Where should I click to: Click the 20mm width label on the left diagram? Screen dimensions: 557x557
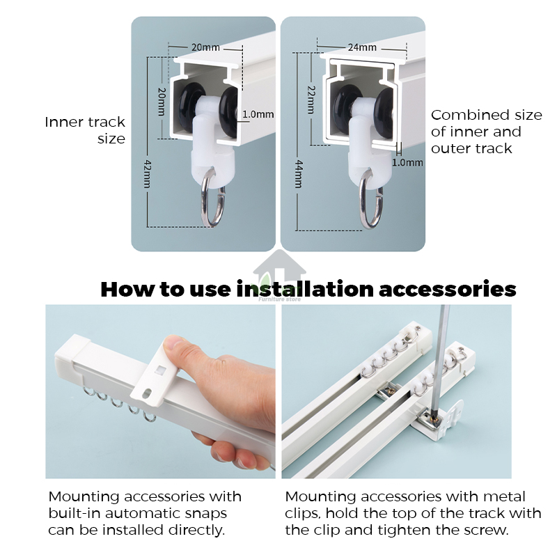pos(205,47)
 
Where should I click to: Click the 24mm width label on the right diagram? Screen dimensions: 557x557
pos(362,47)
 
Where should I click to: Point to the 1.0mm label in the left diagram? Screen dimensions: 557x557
pos(258,114)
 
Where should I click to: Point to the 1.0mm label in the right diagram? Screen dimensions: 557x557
pos(407,162)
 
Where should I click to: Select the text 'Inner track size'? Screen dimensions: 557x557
pos(85,130)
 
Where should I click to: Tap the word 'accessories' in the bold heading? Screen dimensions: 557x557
pos(447,289)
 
